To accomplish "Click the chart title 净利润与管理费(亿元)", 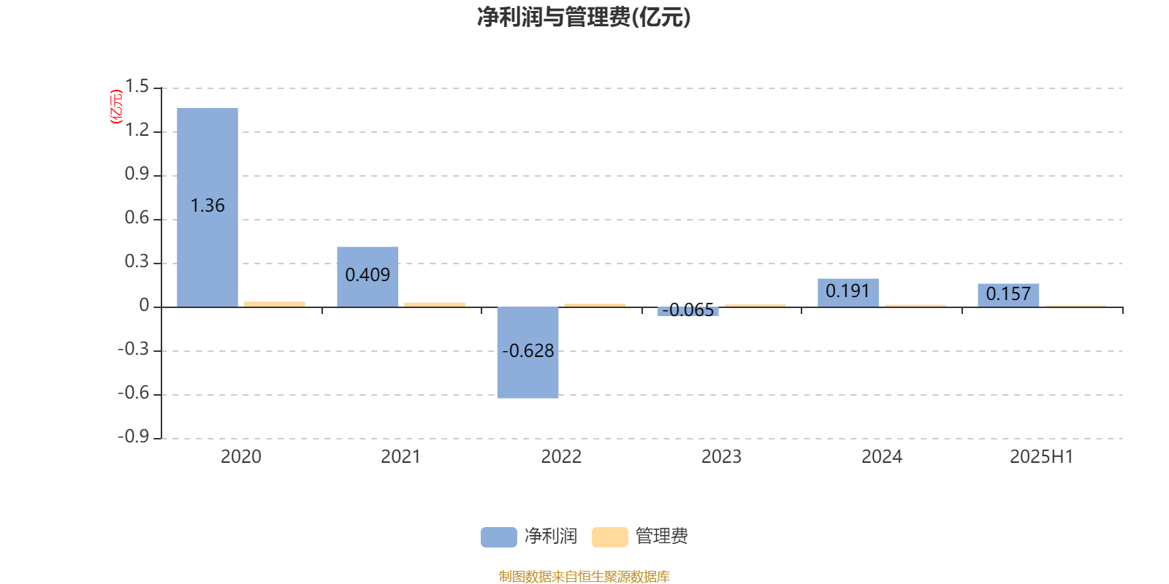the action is point(584,18).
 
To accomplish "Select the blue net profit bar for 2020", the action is point(207,207).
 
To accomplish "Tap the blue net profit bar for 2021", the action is point(368,277).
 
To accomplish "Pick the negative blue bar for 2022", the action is point(528,353).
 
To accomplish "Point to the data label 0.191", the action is point(848,291).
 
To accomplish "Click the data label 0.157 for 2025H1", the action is point(1008,294).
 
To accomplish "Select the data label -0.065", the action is point(688,310).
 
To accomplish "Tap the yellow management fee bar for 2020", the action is point(275,304).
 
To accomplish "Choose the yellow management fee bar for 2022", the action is point(595,305).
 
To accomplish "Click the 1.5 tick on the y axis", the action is point(137,87).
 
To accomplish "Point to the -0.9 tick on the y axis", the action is point(134,437).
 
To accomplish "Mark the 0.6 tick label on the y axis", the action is point(137,218).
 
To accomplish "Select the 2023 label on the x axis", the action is point(721,457).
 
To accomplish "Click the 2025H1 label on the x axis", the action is point(1042,457).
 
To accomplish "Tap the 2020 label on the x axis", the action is point(240,457).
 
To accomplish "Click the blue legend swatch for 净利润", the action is point(499,537).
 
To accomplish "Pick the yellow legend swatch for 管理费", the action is point(609,537).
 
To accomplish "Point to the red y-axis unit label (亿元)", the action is point(116,107).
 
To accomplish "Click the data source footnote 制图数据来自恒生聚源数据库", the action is point(584,576).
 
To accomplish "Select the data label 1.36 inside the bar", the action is point(207,206).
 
